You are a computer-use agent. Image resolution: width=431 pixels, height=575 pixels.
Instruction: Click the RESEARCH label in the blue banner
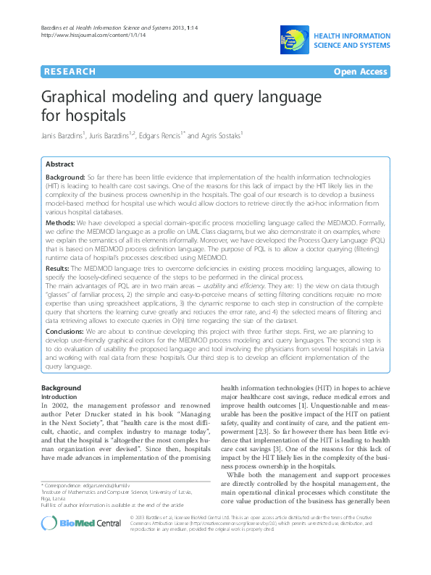click(70, 72)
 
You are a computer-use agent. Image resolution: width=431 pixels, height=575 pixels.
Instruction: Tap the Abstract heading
click(59, 164)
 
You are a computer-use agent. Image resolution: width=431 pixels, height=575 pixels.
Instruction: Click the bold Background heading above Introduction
click(61, 389)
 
